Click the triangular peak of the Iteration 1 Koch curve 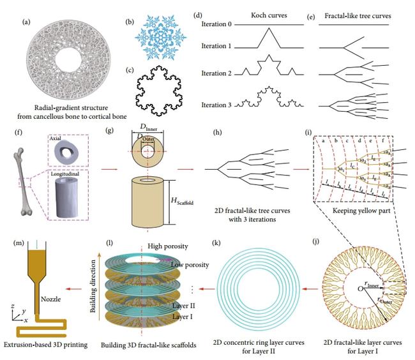[261, 38]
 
